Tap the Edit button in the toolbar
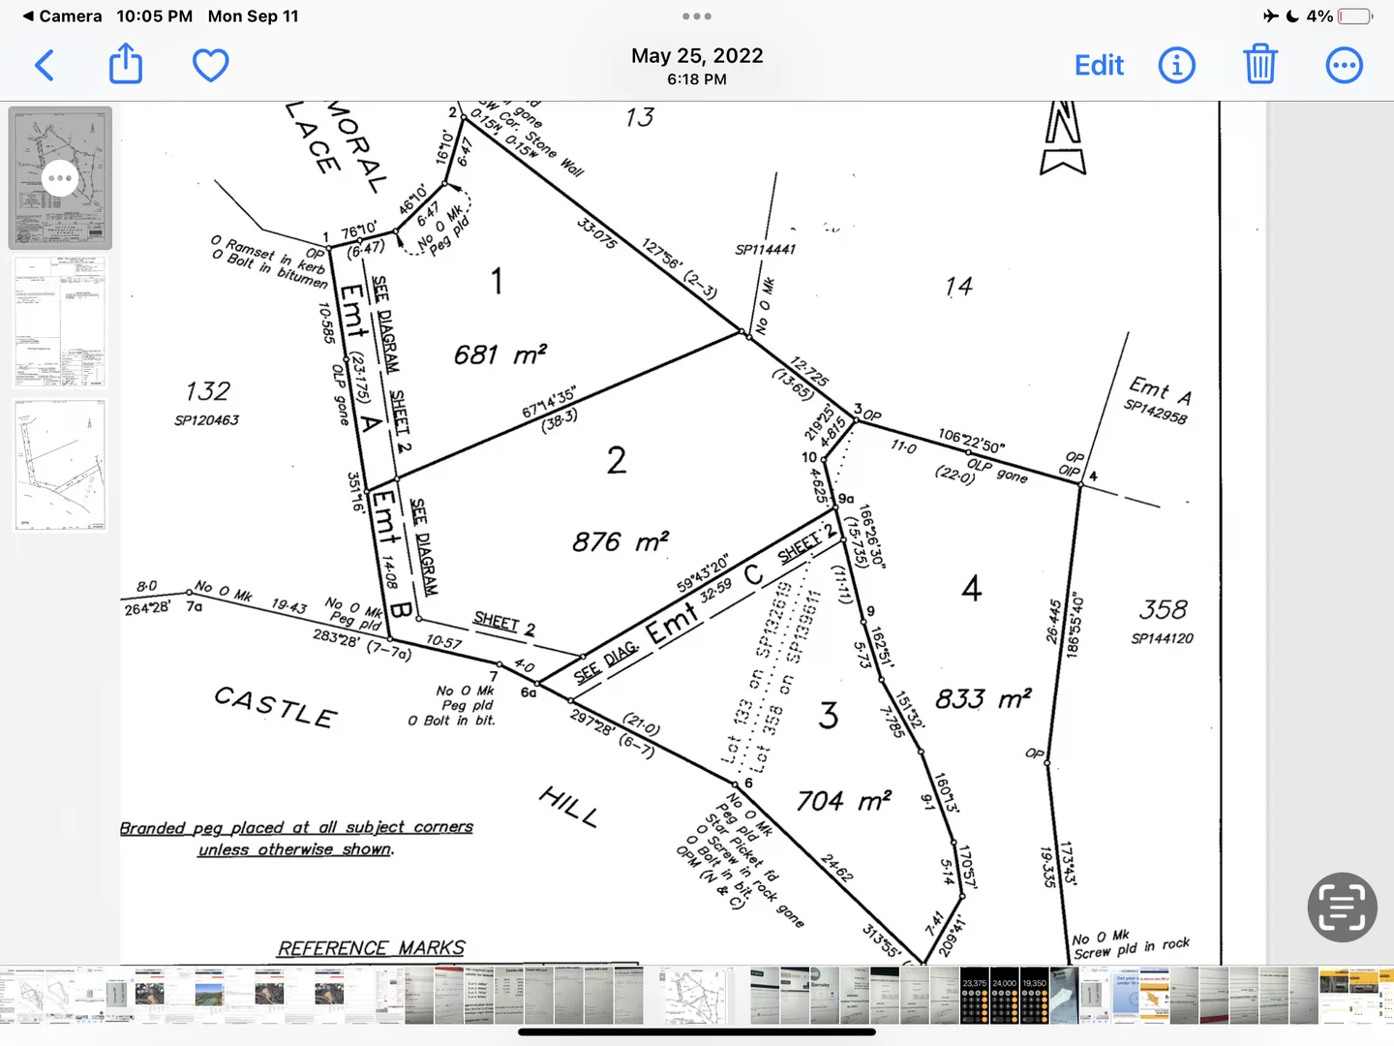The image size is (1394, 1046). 1099,66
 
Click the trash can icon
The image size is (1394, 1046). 1259,65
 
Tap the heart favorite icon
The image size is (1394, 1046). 210,65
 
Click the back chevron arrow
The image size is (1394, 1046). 45,66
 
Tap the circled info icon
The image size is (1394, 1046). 1176,66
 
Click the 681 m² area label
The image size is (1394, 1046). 500,354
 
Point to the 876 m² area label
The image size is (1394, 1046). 620,541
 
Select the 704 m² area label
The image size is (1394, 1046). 842,801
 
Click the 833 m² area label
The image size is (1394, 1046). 982,698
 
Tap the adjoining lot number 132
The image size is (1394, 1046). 207,391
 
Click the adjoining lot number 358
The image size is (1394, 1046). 1163,609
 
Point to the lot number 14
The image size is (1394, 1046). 958,286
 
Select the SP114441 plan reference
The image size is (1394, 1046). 765,250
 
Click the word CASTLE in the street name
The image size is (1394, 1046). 276,706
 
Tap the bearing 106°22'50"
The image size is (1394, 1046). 971,442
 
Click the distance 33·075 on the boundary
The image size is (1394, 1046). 596,233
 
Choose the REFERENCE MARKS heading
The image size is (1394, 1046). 371,948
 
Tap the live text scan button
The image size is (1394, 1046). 1342,908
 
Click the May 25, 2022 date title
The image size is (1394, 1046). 697,56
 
